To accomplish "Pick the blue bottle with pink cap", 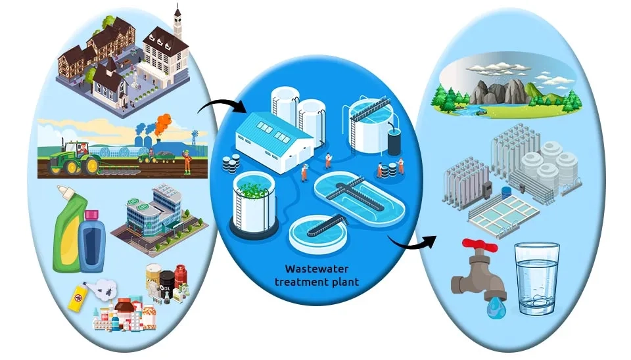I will [x=92, y=242].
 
